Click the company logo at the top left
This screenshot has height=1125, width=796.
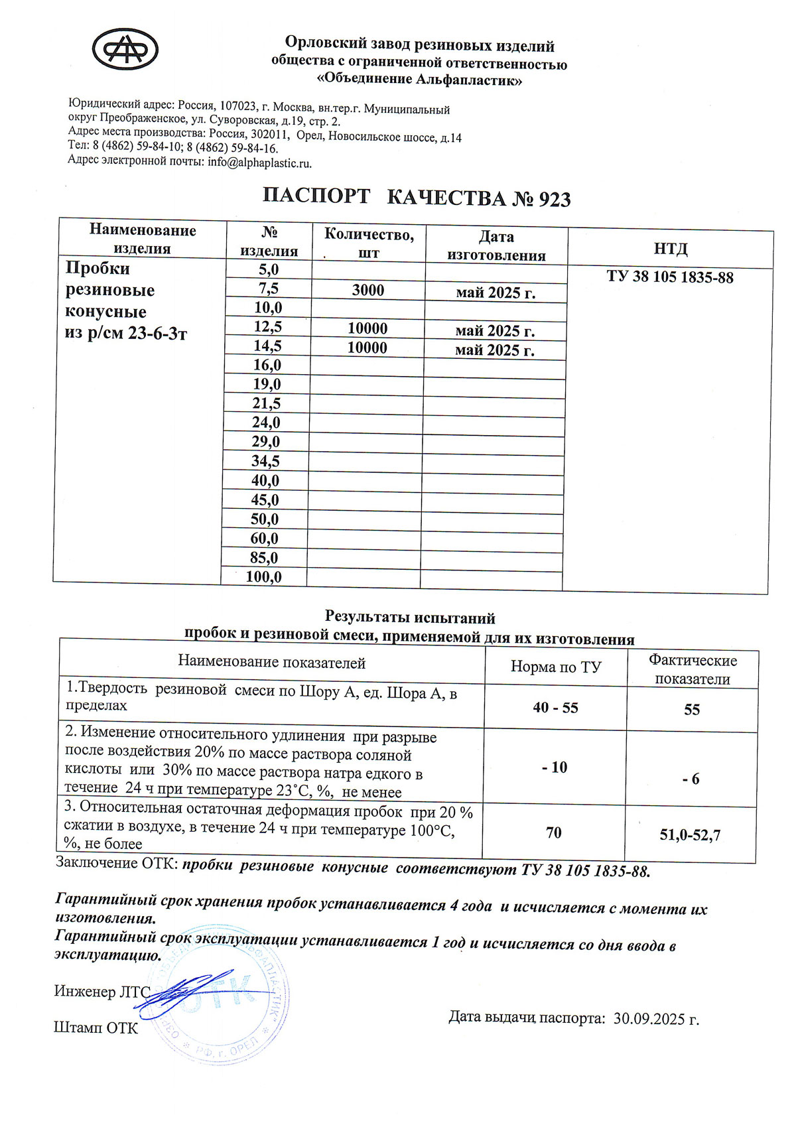pos(125,48)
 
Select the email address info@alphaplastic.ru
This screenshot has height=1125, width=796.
pos(259,163)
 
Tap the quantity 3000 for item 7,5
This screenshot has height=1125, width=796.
pos(368,290)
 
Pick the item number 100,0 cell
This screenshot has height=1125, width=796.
pos(263,577)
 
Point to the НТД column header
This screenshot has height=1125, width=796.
pos(671,249)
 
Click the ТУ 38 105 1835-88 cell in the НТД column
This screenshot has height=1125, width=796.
pos(670,277)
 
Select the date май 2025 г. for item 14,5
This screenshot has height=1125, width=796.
pos(495,350)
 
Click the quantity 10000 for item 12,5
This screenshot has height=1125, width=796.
pos(367,328)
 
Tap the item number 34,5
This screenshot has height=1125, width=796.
pos(265,462)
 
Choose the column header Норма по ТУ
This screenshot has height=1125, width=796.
pos(555,667)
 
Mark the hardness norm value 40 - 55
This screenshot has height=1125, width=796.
pos(555,708)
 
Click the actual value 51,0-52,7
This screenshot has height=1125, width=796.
pos(690,835)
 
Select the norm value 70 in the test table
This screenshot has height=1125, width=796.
pos(554,832)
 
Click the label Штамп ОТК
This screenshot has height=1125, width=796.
pos(96,1028)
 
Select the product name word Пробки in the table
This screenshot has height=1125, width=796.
pos(98,269)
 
